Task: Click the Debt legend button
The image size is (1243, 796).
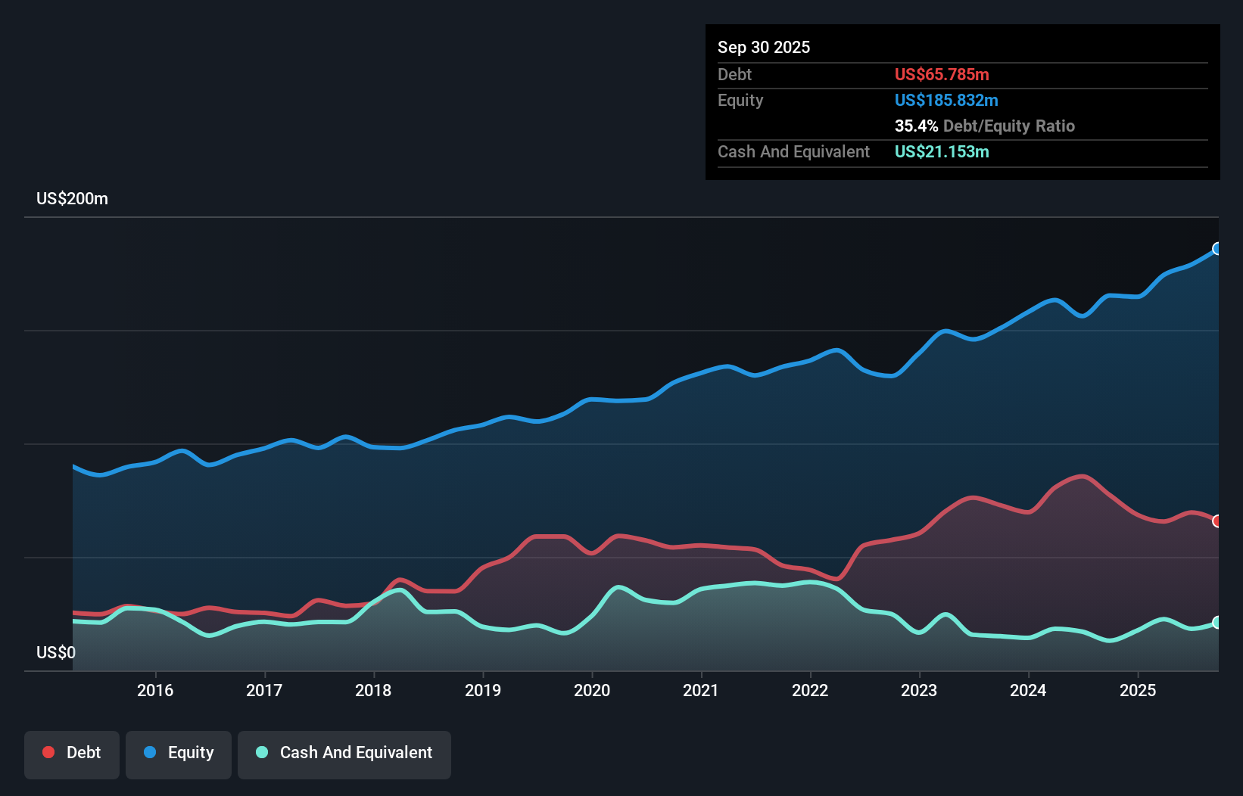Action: (x=72, y=754)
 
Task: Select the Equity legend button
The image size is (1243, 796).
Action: (x=179, y=754)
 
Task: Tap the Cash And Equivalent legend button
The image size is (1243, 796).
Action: (x=344, y=754)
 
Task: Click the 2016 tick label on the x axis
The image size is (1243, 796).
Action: (x=155, y=690)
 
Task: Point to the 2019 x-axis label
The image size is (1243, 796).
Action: (x=483, y=690)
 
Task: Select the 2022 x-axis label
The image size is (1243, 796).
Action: (x=810, y=690)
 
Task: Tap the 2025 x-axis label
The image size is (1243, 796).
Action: (x=1138, y=690)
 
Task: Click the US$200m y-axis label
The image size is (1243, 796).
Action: (x=73, y=199)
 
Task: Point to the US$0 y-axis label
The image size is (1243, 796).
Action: (x=56, y=652)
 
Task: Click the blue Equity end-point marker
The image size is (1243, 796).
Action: (x=1217, y=249)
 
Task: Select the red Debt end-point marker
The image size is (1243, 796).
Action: (x=1217, y=521)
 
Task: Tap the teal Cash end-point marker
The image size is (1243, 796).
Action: (x=1217, y=623)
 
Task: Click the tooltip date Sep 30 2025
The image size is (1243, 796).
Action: (x=764, y=48)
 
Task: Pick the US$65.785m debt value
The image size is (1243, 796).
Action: (x=942, y=75)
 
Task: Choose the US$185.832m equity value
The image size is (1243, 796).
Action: (x=946, y=101)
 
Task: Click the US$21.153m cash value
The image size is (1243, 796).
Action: (x=942, y=152)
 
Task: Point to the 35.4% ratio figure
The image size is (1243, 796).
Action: (x=916, y=126)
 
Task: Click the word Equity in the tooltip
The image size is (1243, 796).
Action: (x=740, y=101)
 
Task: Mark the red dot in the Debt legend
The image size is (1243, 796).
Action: (x=48, y=752)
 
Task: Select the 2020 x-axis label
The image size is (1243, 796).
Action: (x=592, y=690)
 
